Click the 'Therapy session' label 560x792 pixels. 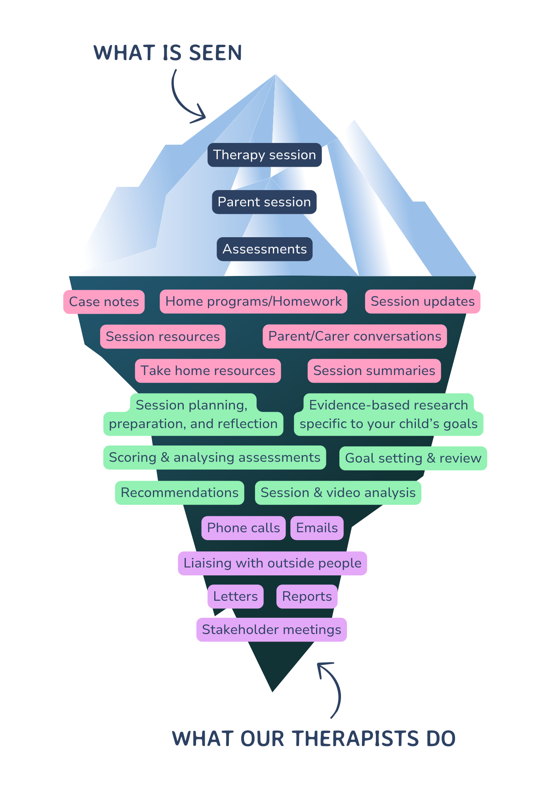pyautogui.click(x=264, y=155)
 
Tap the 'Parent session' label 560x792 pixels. pyautogui.click(x=264, y=202)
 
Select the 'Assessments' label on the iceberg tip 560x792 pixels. pyautogui.click(x=265, y=249)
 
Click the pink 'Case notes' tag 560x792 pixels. pyautogui.click(x=104, y=302)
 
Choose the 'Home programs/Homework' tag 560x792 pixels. pyautogui.click(x=253, y=301)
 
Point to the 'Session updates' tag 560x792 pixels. pyautogui.click(x=423, y=301)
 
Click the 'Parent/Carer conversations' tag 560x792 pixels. pyautogui.click(x=354, y=336)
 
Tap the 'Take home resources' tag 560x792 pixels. pyautogui.click(x=208, y=371)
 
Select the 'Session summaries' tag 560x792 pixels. pyautogui.click(x=374, y=371)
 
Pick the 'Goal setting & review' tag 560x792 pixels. pyautogui.click(x=413, y=458)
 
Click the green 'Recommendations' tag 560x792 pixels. pyautogui.click(x=179, y=493)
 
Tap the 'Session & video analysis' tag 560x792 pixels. pyautogui.click(x=338, y=493)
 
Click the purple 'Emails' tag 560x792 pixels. pyautogui.click(x=317, y=528)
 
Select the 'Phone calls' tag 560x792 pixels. pyautogui.click(x=243, y=528)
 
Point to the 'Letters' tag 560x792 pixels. pyautogui.click(x=235, y=596)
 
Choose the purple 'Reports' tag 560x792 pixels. pyautogui.click(x=307, y=596)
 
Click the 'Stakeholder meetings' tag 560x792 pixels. pyautogui.click(x=271, y=630)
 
